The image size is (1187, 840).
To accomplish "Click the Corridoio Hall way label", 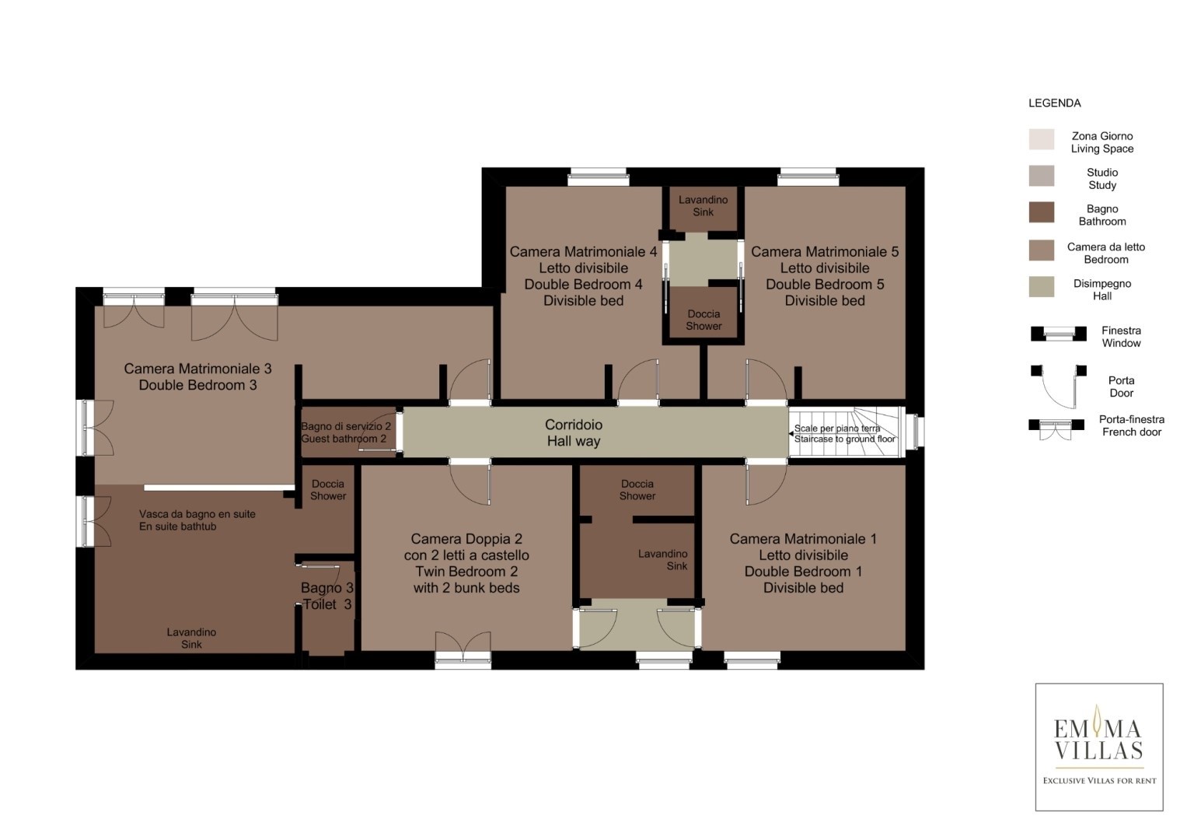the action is coord(574,432).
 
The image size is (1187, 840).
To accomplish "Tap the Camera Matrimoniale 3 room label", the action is coord(197,376).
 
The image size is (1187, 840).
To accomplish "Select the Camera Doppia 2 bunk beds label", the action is coord(466,563).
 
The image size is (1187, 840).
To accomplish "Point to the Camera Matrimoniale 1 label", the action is coord(803,563).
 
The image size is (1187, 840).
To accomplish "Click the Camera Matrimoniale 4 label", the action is coord(584,276).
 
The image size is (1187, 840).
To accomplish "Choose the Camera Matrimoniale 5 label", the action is coord(825,276).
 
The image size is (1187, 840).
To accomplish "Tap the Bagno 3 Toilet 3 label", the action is coord(327,596).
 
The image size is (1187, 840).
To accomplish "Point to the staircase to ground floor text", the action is coord(845,433).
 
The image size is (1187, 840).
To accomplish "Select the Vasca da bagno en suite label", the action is coord(197,520).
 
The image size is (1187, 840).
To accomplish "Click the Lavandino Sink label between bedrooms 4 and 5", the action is coord(703,206).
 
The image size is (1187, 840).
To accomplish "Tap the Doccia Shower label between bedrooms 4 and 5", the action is coord(703,320).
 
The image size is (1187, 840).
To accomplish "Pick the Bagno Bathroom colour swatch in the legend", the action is coord(1042,212).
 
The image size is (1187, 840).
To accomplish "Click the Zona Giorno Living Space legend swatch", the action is coord(1042,139).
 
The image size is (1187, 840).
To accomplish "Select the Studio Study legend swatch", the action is coord(1042,176).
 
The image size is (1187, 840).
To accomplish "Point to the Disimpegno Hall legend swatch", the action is coord(1042,286).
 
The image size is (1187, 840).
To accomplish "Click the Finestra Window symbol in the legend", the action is coord(1058,334).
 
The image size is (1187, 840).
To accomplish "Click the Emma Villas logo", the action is coord(1099,747).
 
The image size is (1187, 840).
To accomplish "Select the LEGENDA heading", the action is coord(1055,103).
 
